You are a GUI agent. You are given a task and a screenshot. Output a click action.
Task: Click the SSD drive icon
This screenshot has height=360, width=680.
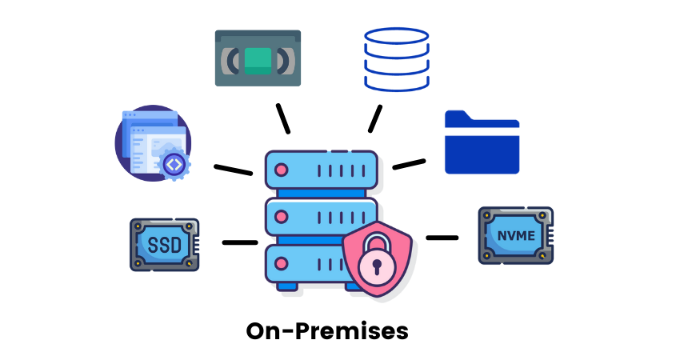coord(164,244)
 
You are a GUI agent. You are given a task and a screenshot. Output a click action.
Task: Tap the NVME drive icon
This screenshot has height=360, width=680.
coord(516,235)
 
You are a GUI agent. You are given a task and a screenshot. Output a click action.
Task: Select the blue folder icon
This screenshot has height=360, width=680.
coord(482,142)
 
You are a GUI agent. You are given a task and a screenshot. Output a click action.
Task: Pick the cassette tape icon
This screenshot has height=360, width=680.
coord(258,58)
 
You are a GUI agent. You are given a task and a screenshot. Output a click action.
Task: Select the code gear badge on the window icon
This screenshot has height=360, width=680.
coord(174,164)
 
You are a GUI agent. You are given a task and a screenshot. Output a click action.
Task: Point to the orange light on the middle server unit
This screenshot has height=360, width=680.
coord(281,217)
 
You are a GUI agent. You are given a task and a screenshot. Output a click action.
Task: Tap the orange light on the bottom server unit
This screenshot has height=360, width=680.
coord(281,261)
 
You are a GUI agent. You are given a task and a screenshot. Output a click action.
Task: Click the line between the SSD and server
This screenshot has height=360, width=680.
coord(239,242)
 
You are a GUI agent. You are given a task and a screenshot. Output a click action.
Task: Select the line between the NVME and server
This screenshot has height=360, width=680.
coord(442,238)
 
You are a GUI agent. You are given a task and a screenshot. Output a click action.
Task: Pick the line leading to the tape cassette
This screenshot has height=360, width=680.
coord(281,118)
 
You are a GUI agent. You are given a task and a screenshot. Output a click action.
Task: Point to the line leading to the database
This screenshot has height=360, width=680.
coord(374,118)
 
